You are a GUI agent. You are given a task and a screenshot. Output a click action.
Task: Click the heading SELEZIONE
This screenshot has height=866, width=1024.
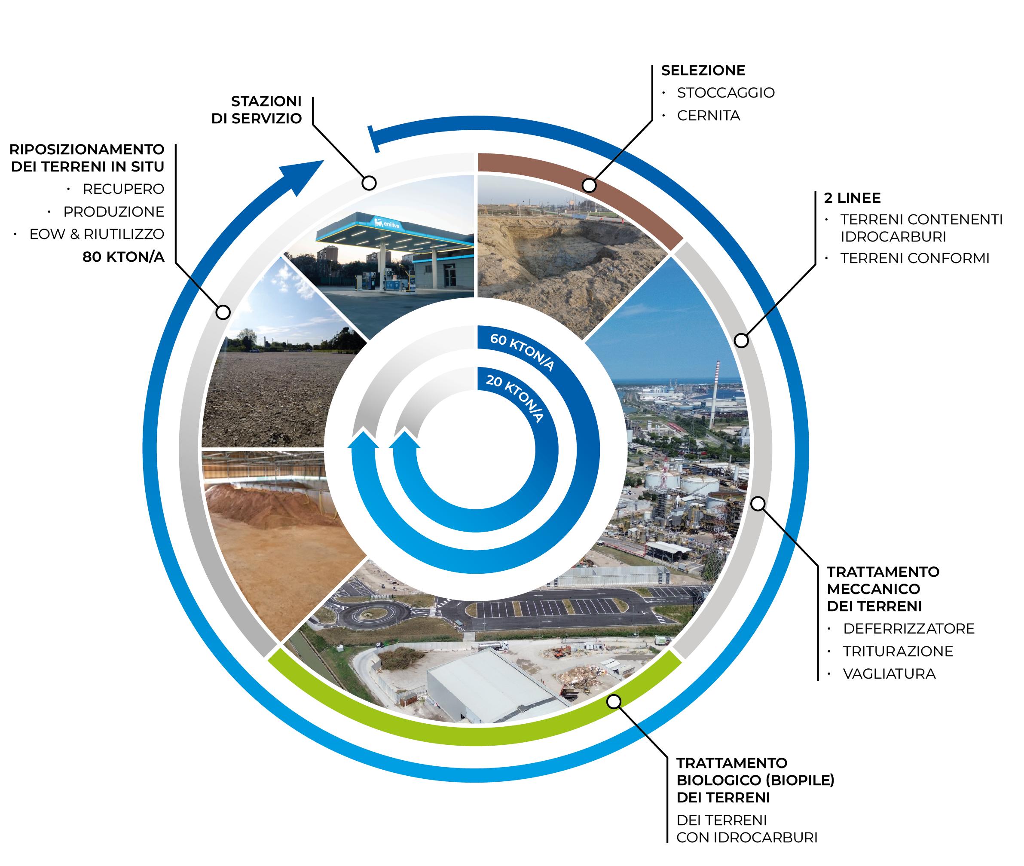coord(703,70)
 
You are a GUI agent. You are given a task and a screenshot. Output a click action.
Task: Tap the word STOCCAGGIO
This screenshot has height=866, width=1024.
coord(725,93)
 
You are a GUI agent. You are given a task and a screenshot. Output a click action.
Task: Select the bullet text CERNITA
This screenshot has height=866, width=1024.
coord(708,116)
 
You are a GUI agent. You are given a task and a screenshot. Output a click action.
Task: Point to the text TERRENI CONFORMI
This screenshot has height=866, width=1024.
coord(914,258)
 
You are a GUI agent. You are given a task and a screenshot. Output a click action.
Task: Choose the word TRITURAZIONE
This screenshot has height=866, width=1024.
coord(898,652)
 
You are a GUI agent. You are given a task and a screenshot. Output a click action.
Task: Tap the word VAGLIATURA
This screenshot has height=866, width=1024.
coord(889,674)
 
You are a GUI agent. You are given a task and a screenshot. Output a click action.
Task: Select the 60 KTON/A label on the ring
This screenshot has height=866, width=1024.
coord(522,352)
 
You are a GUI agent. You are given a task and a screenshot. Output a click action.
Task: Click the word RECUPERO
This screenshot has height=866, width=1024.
coord(123,189)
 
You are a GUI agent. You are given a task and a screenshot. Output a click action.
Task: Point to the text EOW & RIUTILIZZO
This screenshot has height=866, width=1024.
coord(97,234)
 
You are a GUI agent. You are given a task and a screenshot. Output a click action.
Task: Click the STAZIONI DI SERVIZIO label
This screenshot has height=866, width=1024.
coord(257,110)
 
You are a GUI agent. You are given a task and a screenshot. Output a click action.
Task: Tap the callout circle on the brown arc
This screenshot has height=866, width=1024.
coord(589,186)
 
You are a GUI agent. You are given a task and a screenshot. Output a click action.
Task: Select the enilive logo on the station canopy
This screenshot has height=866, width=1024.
coord(387,224)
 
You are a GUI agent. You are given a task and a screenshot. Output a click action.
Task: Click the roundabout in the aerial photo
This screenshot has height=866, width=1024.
coord(378,613)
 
